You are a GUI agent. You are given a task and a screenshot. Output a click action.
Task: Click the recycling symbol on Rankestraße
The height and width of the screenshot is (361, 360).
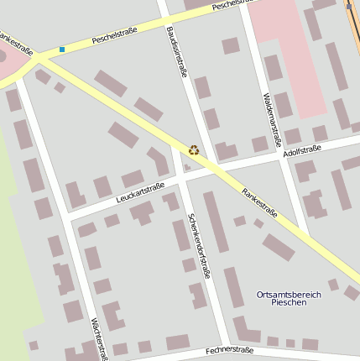pyautogui.click(x=194, y=150)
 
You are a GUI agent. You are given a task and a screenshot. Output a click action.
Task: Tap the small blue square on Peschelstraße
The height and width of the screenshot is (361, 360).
pyautogui.click(x=62, y=50)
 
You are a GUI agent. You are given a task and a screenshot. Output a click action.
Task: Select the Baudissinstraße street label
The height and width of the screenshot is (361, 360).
pyautogui.click(x=176, y=51)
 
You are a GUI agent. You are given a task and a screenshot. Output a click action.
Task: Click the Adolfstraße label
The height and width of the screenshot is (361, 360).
pyautogui.click(x=303, y=152)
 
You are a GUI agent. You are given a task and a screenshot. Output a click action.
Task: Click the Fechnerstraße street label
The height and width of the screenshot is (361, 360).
pyautogui.click(x=228, y=349)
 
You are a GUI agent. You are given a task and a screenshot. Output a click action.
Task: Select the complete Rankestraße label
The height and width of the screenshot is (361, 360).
pyautogui.click(x=260, y=204)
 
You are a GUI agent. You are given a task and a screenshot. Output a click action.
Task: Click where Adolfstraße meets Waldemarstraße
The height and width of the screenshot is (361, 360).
pyautogui.click(x=282, y=157)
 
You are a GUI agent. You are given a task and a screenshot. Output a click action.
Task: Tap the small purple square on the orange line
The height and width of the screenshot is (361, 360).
pyautogui.click(x=348, y=6)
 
